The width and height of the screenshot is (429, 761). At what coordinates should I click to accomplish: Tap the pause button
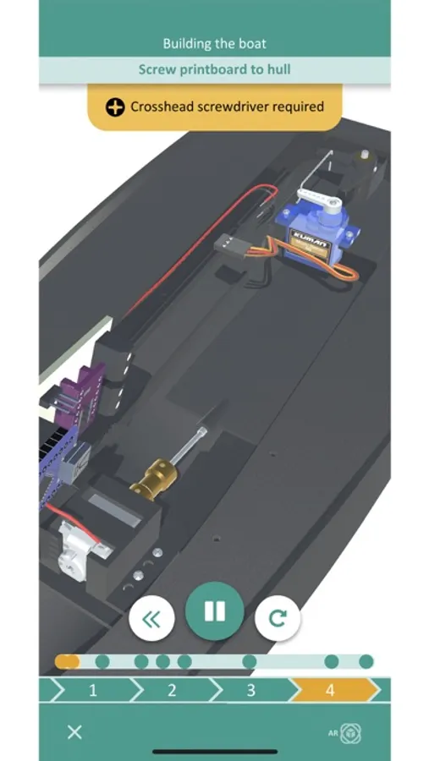click(214, 611)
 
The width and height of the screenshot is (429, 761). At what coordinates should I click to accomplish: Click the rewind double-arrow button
click(151, 618)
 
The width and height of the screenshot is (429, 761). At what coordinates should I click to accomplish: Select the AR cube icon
click(349, 733)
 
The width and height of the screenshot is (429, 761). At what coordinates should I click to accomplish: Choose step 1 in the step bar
click(93, 690)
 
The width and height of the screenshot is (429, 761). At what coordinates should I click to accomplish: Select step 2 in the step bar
click(172, 690)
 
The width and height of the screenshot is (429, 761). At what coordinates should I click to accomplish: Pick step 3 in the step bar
click(250, 690)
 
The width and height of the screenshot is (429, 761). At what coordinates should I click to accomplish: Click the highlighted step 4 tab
click(330, 690)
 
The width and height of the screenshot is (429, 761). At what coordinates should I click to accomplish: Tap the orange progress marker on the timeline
click(67, 661)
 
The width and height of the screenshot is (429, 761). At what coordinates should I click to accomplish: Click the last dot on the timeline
click(366, 661)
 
